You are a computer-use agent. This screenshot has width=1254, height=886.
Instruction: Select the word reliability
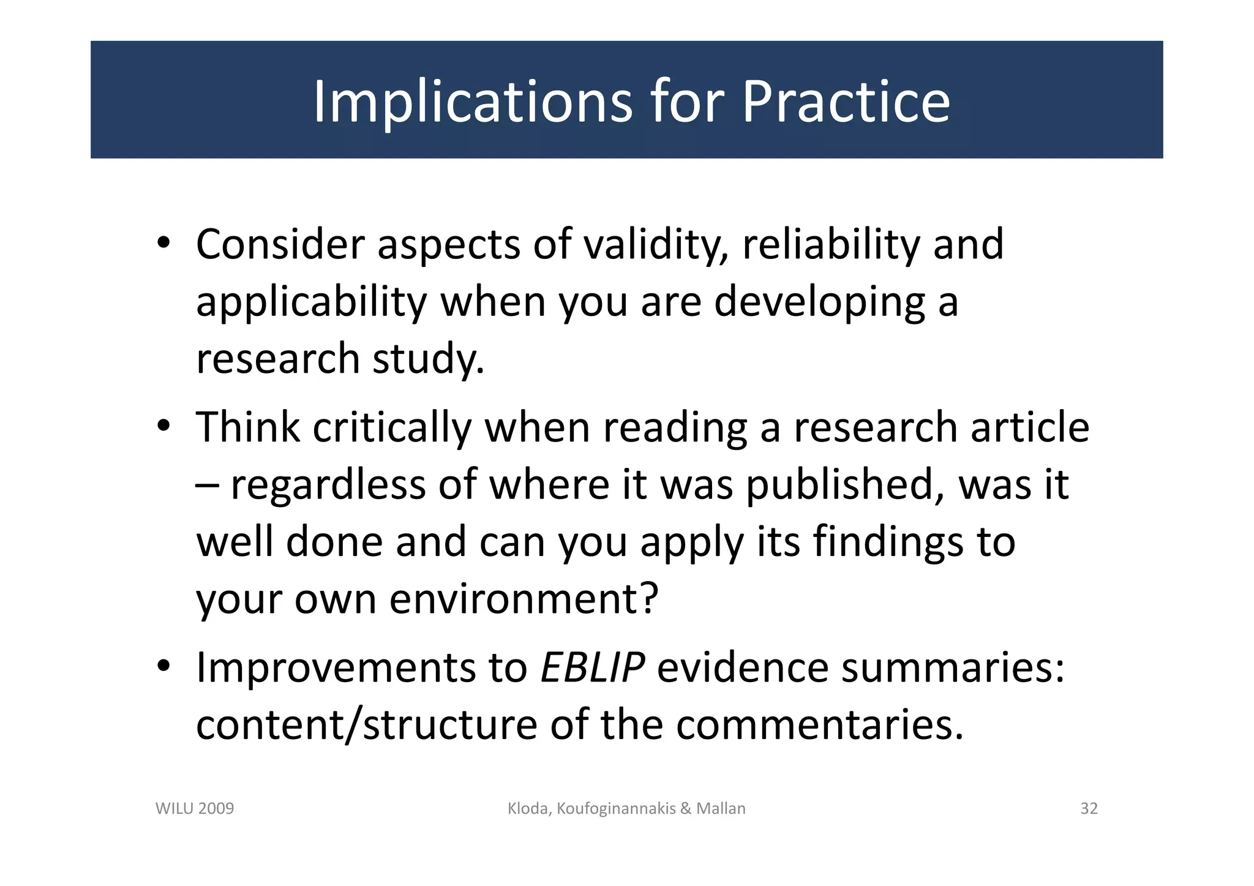coord(830,244)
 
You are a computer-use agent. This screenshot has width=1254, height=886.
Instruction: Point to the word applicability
coord(311,302)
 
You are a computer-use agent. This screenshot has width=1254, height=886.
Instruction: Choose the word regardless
coord(328,484)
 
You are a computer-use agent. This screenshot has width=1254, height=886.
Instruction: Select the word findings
coord(888,542)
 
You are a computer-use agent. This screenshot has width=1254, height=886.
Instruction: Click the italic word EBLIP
coord(592,667)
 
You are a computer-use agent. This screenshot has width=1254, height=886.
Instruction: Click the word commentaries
coord(814,724)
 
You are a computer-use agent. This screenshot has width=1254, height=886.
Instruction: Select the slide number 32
coord(1089,809)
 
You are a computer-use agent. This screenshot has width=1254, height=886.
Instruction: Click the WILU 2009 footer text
coord(195,809)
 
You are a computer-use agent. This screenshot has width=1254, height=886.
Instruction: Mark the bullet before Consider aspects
coord(162,243)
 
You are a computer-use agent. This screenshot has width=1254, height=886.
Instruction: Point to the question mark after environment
coord(648,597)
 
